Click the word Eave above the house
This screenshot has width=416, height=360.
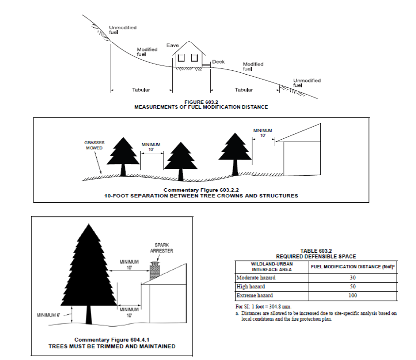point(173,45)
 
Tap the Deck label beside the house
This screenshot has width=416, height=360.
point(218,62)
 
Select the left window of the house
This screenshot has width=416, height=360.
point(181,58)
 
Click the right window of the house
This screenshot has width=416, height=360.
point(194,58)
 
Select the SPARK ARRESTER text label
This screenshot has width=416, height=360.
point(161,248)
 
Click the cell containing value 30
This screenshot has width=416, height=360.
point(353,278)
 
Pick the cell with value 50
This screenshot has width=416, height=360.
point(353,287)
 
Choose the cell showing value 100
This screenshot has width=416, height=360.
point(353,295)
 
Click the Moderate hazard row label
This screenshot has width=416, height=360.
point(255,278)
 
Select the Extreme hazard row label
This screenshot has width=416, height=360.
point(254,295)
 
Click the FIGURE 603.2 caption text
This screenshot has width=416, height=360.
point(201,101)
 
